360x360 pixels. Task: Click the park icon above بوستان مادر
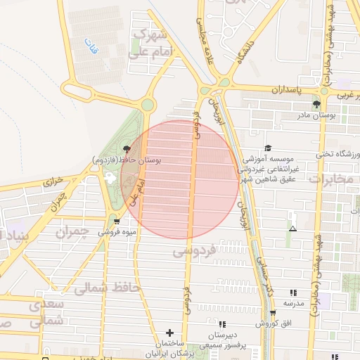tap(316, 104)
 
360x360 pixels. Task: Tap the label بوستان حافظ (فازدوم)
tap(127, 161)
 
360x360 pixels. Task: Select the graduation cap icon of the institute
tap(267, 148)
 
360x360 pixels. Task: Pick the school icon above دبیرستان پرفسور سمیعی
tap(222, 324)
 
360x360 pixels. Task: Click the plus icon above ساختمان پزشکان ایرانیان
tap(169, 332)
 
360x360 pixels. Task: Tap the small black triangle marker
tap(292, 229)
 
